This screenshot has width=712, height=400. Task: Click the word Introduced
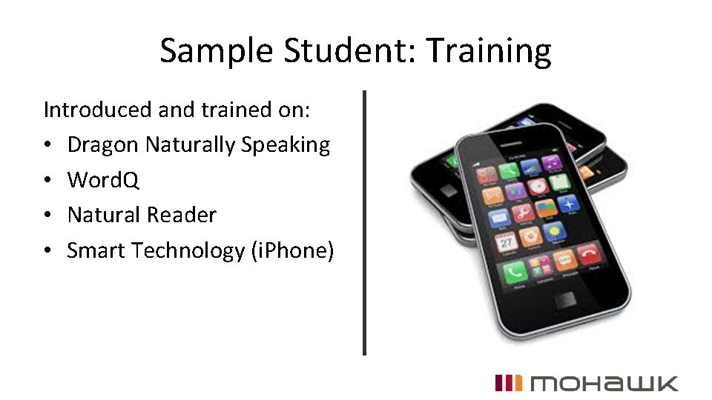pos(98,110)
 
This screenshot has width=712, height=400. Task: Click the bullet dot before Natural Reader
pos(48,216)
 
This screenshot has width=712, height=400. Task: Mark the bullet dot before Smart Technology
pos(48,251)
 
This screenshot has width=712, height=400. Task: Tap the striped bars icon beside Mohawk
pos(508,383)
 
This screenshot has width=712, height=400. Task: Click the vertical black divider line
pos(364,222)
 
